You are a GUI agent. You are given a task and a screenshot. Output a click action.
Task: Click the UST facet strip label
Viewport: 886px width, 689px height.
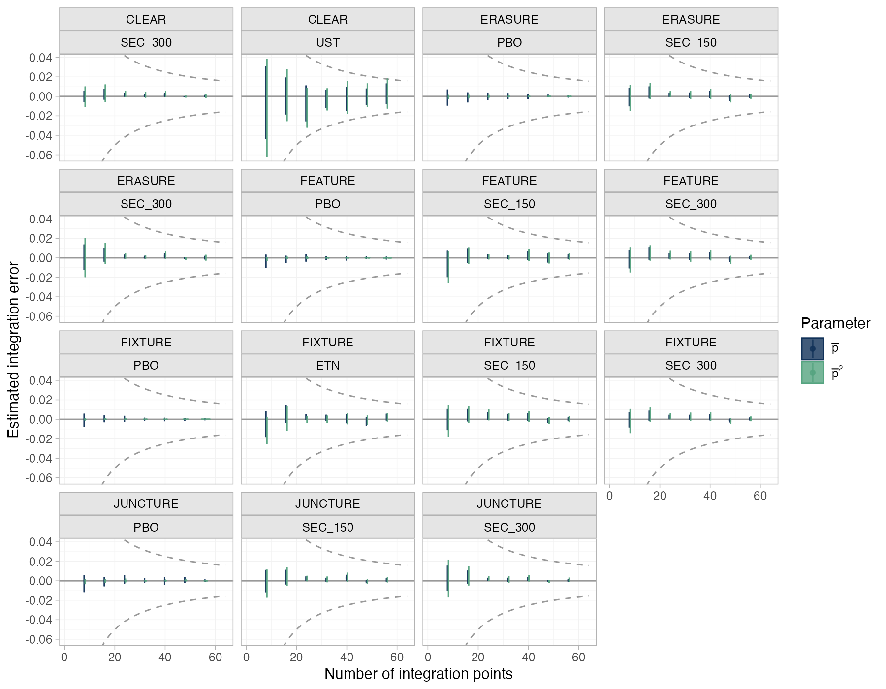(x=328, y=43)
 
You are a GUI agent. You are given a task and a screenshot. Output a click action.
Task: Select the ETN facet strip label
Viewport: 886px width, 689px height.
(x=328, y=366)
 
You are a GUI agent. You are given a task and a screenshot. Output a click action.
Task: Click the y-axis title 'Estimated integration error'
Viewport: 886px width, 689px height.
(x=13, y=350)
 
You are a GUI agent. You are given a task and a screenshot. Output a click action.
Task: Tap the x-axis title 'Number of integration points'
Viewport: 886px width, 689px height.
(x=418, y=674)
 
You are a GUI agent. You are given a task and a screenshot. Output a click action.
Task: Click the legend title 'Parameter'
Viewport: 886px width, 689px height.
(x=836, y=323)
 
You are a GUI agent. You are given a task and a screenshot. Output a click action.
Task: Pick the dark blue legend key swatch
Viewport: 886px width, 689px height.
(x=812, y=349)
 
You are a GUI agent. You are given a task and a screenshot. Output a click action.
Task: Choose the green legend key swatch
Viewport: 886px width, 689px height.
(x=812, y=373)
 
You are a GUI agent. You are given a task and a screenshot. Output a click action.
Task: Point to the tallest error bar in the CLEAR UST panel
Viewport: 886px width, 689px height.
(x=267, y=108)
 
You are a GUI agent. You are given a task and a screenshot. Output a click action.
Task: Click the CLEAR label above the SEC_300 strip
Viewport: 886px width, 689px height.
(x=146, y=19)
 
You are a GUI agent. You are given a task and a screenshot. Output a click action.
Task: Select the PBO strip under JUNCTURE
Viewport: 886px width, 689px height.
(x=146, y=527)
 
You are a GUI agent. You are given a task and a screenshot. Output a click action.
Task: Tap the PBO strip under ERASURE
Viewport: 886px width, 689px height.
(x=509, y=43)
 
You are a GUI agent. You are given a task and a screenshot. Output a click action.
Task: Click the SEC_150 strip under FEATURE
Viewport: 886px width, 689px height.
(x=509, y=204)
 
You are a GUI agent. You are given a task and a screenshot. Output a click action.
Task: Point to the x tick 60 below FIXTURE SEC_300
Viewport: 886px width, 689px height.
(x=760, y=496)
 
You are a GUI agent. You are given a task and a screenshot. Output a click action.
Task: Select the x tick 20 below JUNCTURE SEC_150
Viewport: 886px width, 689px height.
(x=296, y=657)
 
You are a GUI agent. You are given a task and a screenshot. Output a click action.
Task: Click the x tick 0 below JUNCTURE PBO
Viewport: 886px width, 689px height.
(x=64, y=657)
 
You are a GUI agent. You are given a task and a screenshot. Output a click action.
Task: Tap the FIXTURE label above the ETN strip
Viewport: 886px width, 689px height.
(x=328, y=342)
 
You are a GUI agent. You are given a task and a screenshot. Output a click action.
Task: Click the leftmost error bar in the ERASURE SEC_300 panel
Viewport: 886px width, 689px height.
(x=85, y=257)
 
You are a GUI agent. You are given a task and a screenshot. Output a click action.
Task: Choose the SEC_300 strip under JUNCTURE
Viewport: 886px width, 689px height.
(x=509, y=527)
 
